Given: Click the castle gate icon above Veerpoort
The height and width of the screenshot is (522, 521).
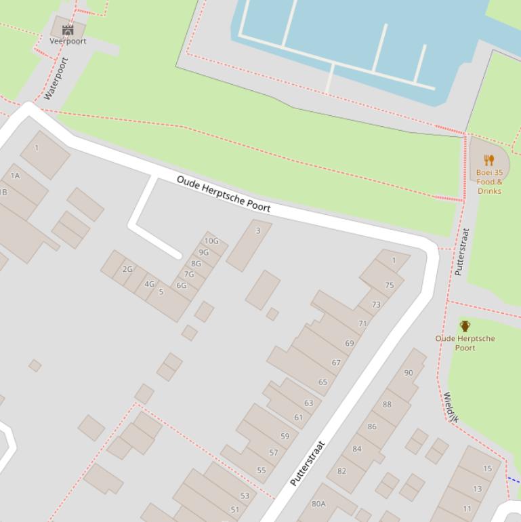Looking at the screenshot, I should click(x=68, y=30).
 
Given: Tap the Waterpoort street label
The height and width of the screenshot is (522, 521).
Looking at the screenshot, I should click(x=56, y=79).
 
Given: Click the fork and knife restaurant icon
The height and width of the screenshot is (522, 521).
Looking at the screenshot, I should click(x=489, y=160).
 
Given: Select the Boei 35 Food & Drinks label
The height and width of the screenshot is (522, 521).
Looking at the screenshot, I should click(x=489, y=182).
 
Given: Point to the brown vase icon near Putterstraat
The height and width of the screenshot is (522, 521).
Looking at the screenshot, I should click(x=465, y=326).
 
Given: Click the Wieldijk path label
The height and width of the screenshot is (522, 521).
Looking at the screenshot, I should click(x=451, y=407).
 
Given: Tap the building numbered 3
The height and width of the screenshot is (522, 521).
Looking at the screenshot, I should click(x=257, y=231).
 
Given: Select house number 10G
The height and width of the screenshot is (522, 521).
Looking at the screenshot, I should click(x=211, y=241).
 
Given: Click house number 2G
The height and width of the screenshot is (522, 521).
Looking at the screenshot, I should click(x=127, y=269).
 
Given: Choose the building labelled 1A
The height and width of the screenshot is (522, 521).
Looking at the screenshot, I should click(x=15, y=176).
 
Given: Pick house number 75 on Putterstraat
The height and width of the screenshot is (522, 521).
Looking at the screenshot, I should click(x=389, y=285).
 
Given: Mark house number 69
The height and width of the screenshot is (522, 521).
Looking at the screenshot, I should click(x=349, y=344).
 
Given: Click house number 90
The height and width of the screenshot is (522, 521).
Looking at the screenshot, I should click(x=408, y=373).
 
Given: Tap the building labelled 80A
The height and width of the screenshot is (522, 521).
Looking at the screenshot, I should click(x=318, y=504).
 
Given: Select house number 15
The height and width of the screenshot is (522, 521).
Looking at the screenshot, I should click(x=487, y=468).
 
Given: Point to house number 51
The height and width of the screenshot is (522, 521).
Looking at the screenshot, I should click(x=235, y=510).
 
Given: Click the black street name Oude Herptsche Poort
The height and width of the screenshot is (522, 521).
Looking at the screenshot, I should click(x=224, y=194).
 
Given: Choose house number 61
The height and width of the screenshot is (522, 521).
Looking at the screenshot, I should click(x=298, y=418).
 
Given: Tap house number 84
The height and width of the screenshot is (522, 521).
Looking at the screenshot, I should click(x=356, y=449).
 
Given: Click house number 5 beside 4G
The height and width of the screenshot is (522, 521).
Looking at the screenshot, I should click(x=161, y=292).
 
